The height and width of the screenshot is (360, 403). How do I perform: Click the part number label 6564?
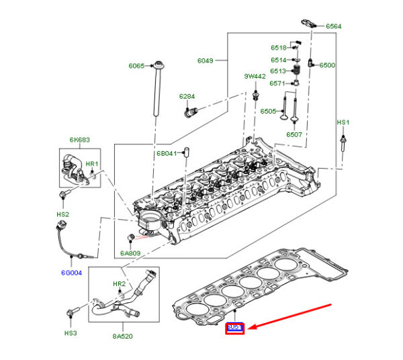(x=334, y=26)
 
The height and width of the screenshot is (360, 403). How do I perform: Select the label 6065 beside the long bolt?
(x=137, y=66)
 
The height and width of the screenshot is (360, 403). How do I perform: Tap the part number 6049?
(x=205, y=60)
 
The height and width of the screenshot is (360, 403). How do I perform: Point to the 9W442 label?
(x=255, y=77)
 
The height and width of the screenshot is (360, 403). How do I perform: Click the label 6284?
(x=187, y=96)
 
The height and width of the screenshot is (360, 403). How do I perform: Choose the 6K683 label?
(x=79, y=140)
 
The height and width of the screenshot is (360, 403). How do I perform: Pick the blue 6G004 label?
(x=72, y=273)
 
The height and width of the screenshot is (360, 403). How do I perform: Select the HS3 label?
(x=71, y=332)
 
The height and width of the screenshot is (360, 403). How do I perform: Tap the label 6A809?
(x=130, y=253)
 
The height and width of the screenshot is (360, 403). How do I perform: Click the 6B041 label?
(x=167, y=153)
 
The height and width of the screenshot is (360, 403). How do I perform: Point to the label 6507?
(x=294, y=134)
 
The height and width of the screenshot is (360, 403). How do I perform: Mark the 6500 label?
(x=327, y=65)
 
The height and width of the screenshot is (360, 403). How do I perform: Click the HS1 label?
(x=343, y=122)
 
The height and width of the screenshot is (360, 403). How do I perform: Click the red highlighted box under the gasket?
(x=234, y=328)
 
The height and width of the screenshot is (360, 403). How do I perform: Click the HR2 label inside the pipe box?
(x=119, y=284)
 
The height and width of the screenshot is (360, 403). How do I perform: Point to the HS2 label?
(x=62, y=214)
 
